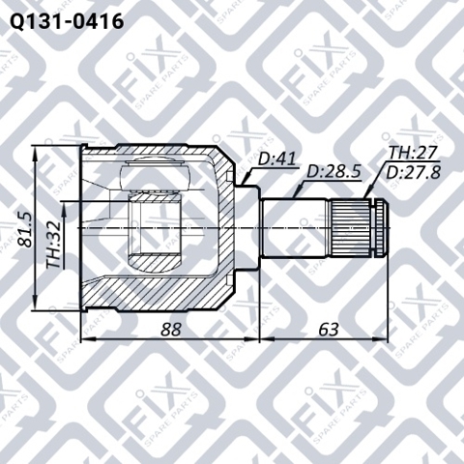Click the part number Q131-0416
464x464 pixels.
click(67, 21)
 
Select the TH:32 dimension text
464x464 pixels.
click(53, 245)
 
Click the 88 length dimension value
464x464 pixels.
click(171, 330)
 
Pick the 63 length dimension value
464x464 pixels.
click(329, 330)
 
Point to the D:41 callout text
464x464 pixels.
click(276, 159)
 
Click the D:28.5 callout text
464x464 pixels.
click(333, 172)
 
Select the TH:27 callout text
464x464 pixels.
click(413, 153)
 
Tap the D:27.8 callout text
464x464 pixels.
click(413, 173)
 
